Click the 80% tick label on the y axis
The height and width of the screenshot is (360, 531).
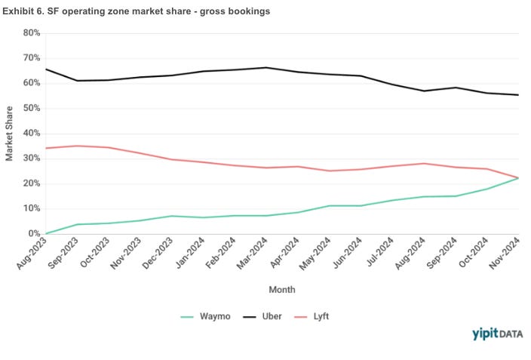point(31,33)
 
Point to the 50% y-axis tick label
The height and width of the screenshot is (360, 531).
point(31,108)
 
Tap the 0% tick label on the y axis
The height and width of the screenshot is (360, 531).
point(33,234)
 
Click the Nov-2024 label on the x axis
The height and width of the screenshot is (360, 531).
point(507,254)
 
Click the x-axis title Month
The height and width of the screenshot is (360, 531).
point(282,289)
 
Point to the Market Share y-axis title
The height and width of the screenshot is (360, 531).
point(10,134)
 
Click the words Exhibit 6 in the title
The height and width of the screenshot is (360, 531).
point(24,11)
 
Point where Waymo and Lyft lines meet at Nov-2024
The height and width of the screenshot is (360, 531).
point(518,178)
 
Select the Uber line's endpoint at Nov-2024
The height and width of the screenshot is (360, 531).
point(518,94)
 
